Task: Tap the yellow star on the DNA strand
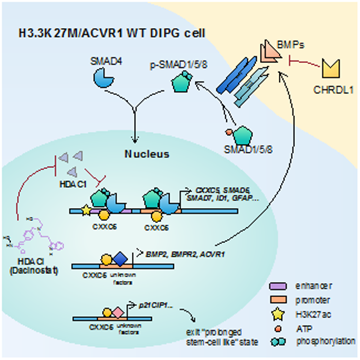[85, 211]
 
